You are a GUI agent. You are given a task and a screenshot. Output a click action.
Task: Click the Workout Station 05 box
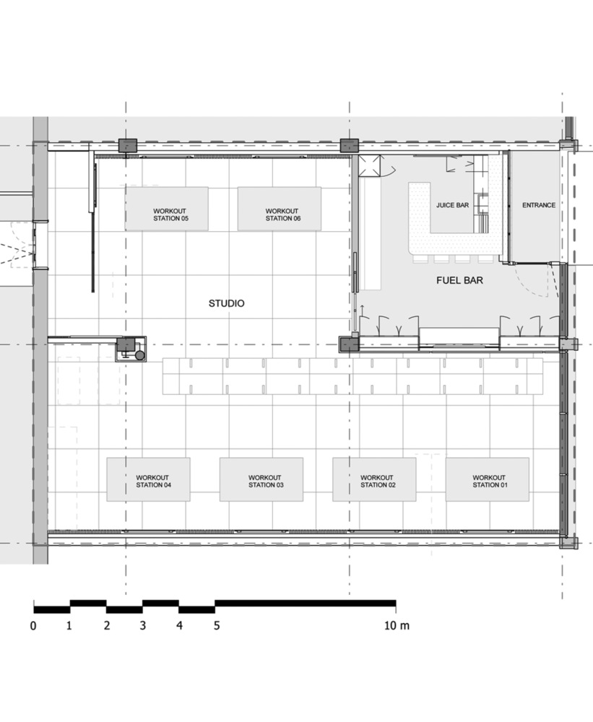coord(166,209)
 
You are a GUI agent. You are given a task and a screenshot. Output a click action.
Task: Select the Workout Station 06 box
coord(280,209)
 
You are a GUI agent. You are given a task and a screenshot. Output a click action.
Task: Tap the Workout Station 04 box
coord(148,479)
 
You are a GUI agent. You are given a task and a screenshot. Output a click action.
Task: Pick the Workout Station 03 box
coord(261,479)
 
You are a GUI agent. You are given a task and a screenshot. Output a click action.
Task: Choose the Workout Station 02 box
coord(373,479)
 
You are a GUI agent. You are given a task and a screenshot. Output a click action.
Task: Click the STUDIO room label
coord(226,304)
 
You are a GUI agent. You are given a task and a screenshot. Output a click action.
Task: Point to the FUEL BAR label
coord(459,279)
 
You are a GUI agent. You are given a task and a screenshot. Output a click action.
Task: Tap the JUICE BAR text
coord(453,205)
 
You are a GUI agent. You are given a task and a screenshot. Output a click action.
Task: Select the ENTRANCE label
coord(539,205)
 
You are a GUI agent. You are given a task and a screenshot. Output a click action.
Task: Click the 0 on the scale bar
coord(33,626)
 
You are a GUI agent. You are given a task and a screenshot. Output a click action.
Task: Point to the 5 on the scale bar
coord(216,626)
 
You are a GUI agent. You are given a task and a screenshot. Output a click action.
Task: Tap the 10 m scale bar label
coord(397,626)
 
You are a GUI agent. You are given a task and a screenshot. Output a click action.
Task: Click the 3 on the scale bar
coord(143,626)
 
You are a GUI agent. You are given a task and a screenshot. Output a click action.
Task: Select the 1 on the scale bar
coord(69,626)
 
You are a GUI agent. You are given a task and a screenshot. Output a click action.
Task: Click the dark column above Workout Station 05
coord(128,144)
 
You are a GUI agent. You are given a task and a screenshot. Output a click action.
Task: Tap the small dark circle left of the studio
coord(139,356)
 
